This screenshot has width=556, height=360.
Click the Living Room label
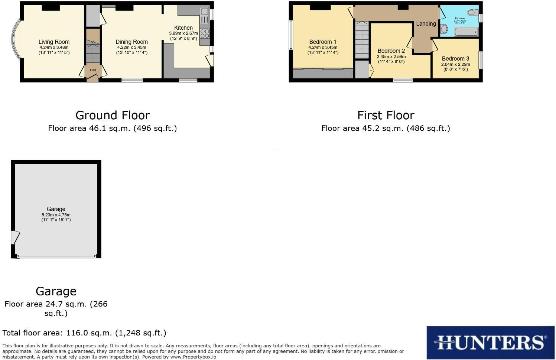pyautogui.click(x=54, y=42)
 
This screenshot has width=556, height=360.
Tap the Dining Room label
pyautogui.click(x=131, y=42)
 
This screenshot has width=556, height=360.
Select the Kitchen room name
pyautogui.click(x=183, y=28)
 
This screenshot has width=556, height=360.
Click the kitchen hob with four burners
pyautogui.click(x=205, y=33)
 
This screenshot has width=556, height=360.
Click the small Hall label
pyautogui.click(x=92, y=70)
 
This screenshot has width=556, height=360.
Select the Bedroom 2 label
pyautogui.click(x=391, y=51)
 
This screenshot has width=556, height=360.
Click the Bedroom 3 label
pyautogui.click(x=455, y=59)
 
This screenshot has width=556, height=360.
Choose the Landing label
pyautogui.click(x=426, y=24)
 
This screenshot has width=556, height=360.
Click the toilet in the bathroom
pyautogui.click(x=472, y=13)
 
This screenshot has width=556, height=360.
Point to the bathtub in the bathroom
pyautogui.click(x=466, y=32)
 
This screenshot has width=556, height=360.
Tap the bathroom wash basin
pyautogui.click(x=444, y=29)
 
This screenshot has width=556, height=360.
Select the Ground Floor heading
pyautogui.click(x=113, y=115)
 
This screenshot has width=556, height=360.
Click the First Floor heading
pyautogui.click(x=386, y=115)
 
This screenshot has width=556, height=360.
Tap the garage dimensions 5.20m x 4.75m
pyautogui.click(x=56, y=215)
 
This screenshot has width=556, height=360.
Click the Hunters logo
pyautogui.click(x=490, y=342)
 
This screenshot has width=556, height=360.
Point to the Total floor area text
pyautogui.click(x=84, y=333)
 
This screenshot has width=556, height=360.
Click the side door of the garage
pyautogui.click(x=15, y=237)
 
